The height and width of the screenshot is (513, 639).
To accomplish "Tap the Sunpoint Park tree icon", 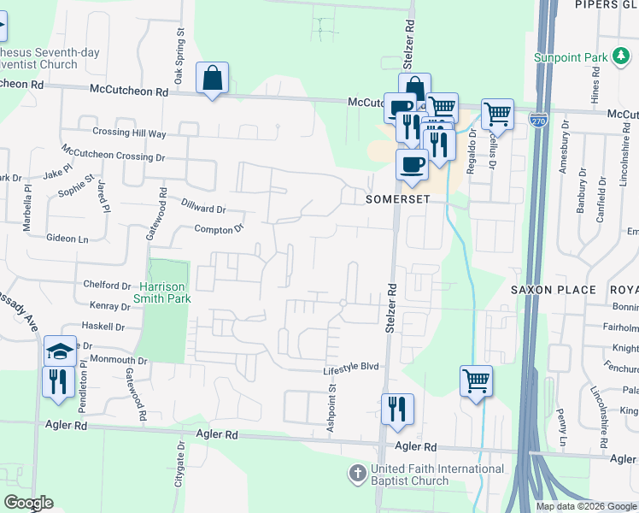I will click(x=620, y=57).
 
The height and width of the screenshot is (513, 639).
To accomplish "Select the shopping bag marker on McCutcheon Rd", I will click(x=212, y=79).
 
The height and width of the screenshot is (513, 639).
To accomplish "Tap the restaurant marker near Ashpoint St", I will click(x=397, y=409).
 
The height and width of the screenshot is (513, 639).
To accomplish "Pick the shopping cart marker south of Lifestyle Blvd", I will click(x=476, y=380).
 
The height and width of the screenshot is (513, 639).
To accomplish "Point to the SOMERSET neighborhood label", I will click(x=396, y=198).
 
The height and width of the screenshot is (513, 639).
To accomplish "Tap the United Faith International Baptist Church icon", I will click(x=359, y=472).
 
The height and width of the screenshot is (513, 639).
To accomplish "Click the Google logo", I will click(x=27, y=503).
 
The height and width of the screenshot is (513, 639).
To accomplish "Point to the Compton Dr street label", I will click(x=220, y=228).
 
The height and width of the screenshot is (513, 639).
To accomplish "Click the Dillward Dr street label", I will click(x=203, y=207).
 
